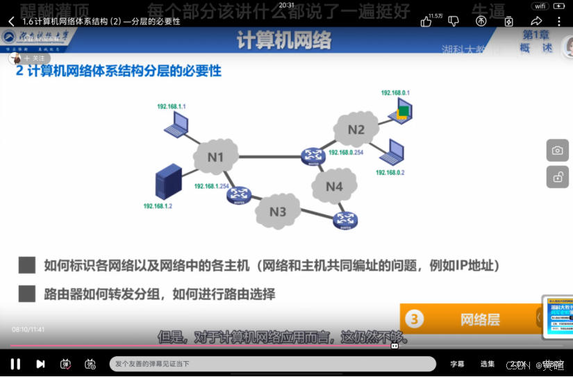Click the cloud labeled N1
pyautogui.click(x=216, y=158)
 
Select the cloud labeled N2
pyautogui.click(x=356, y=129)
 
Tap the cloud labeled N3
pyautogui.click(x=278, y=211)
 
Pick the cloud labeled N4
pyautogui.click(x=334, y=186)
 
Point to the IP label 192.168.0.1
pyautogui.click(x=395, y=93)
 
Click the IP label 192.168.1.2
pyautogui.click(x=158, y=206)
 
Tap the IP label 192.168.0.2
pyautogui.click(x=390, y=172)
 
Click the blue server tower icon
pyautogui.click(x=169, y=182)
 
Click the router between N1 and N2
pyautogui.click(x=313, y=157)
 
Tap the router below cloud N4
pyautogui.click(x=344, y=221)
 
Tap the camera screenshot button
pyautogui.click(x=558, y=150)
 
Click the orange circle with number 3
pyautogui.click(x=415, y=319)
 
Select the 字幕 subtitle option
pyautogui.click(x=457, y=364)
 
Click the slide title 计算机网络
pyautogui.click(x=284, y=41)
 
